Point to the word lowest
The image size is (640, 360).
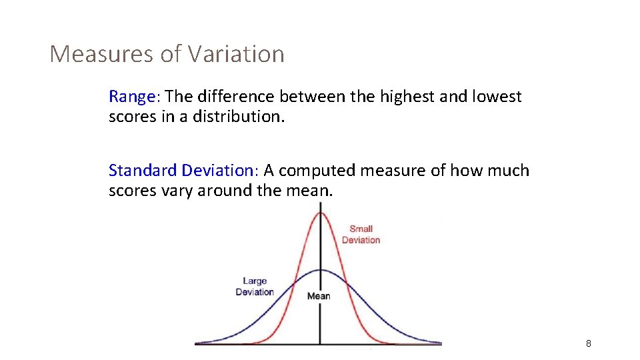click(x=497, y=97)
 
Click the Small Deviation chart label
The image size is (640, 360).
click(x=361, y=234)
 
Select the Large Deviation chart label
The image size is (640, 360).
click(x=255, y=287)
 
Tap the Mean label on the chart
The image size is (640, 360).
click(x=318, y=296)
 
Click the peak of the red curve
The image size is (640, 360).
click(x=321, y=213)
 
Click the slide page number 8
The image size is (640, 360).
click(x=588, y=343)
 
